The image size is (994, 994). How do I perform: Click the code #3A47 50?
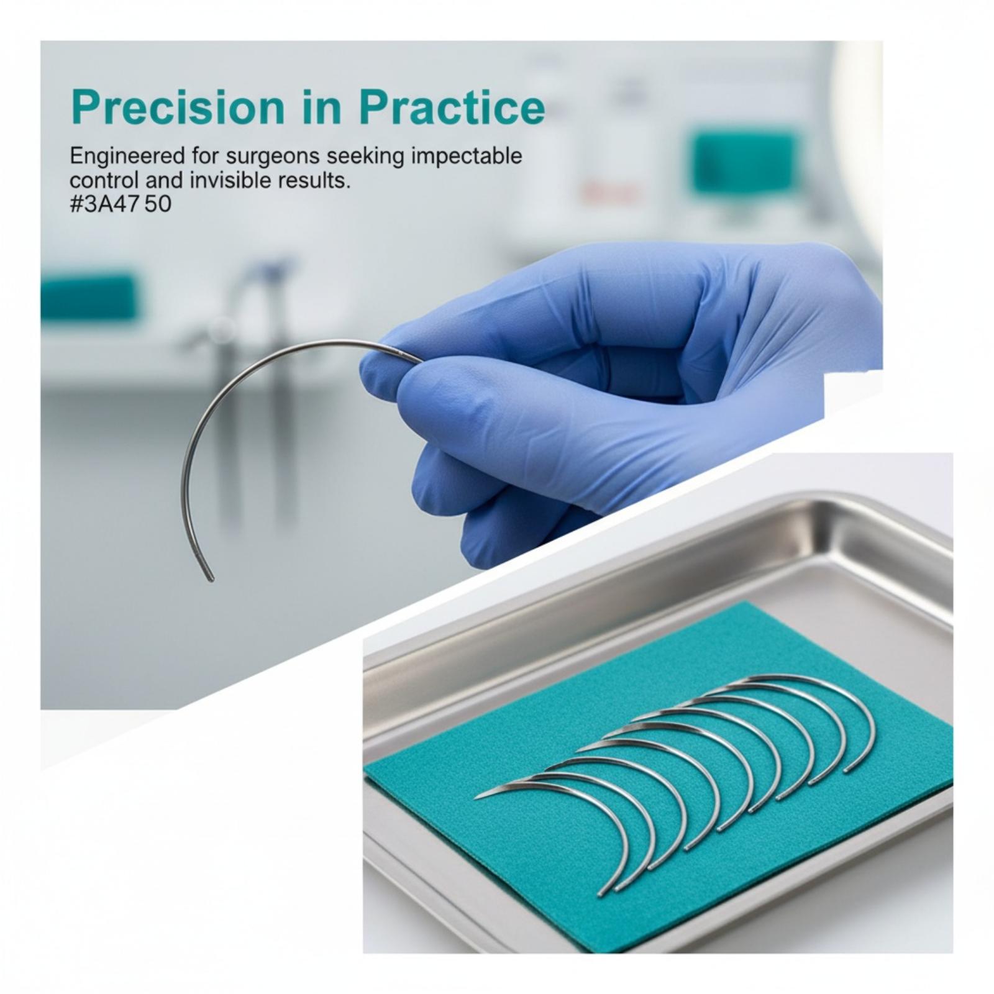click(121, 204)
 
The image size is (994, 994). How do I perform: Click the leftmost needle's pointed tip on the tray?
click(477, 798)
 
